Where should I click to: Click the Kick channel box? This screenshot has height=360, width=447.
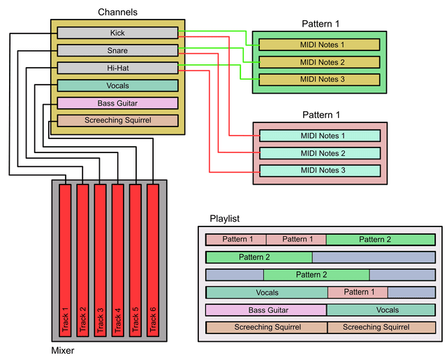(x=117, y=33)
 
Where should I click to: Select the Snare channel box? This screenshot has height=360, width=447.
(x=117, y=50)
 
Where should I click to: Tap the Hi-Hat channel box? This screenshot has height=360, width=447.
(x=117, y=68)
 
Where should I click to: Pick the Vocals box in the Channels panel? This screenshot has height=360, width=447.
(x=117, y=85)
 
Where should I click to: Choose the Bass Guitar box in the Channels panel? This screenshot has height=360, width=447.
(x=117, y=103)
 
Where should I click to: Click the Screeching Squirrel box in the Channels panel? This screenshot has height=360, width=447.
(x=117, y=120)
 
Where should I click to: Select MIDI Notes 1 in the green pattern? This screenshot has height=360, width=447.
(x=319, y=45)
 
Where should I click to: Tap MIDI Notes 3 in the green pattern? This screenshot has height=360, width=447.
(x=319, y=79)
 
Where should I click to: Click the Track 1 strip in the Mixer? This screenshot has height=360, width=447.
(x=65, y=259)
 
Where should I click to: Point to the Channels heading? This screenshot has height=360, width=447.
(x=118, y=12)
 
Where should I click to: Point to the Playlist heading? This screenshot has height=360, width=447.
(x=224, y=219)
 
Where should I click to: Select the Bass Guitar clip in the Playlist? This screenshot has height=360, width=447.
(x=266, y=310)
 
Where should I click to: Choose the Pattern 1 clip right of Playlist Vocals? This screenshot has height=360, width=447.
(x=358, y=292)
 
